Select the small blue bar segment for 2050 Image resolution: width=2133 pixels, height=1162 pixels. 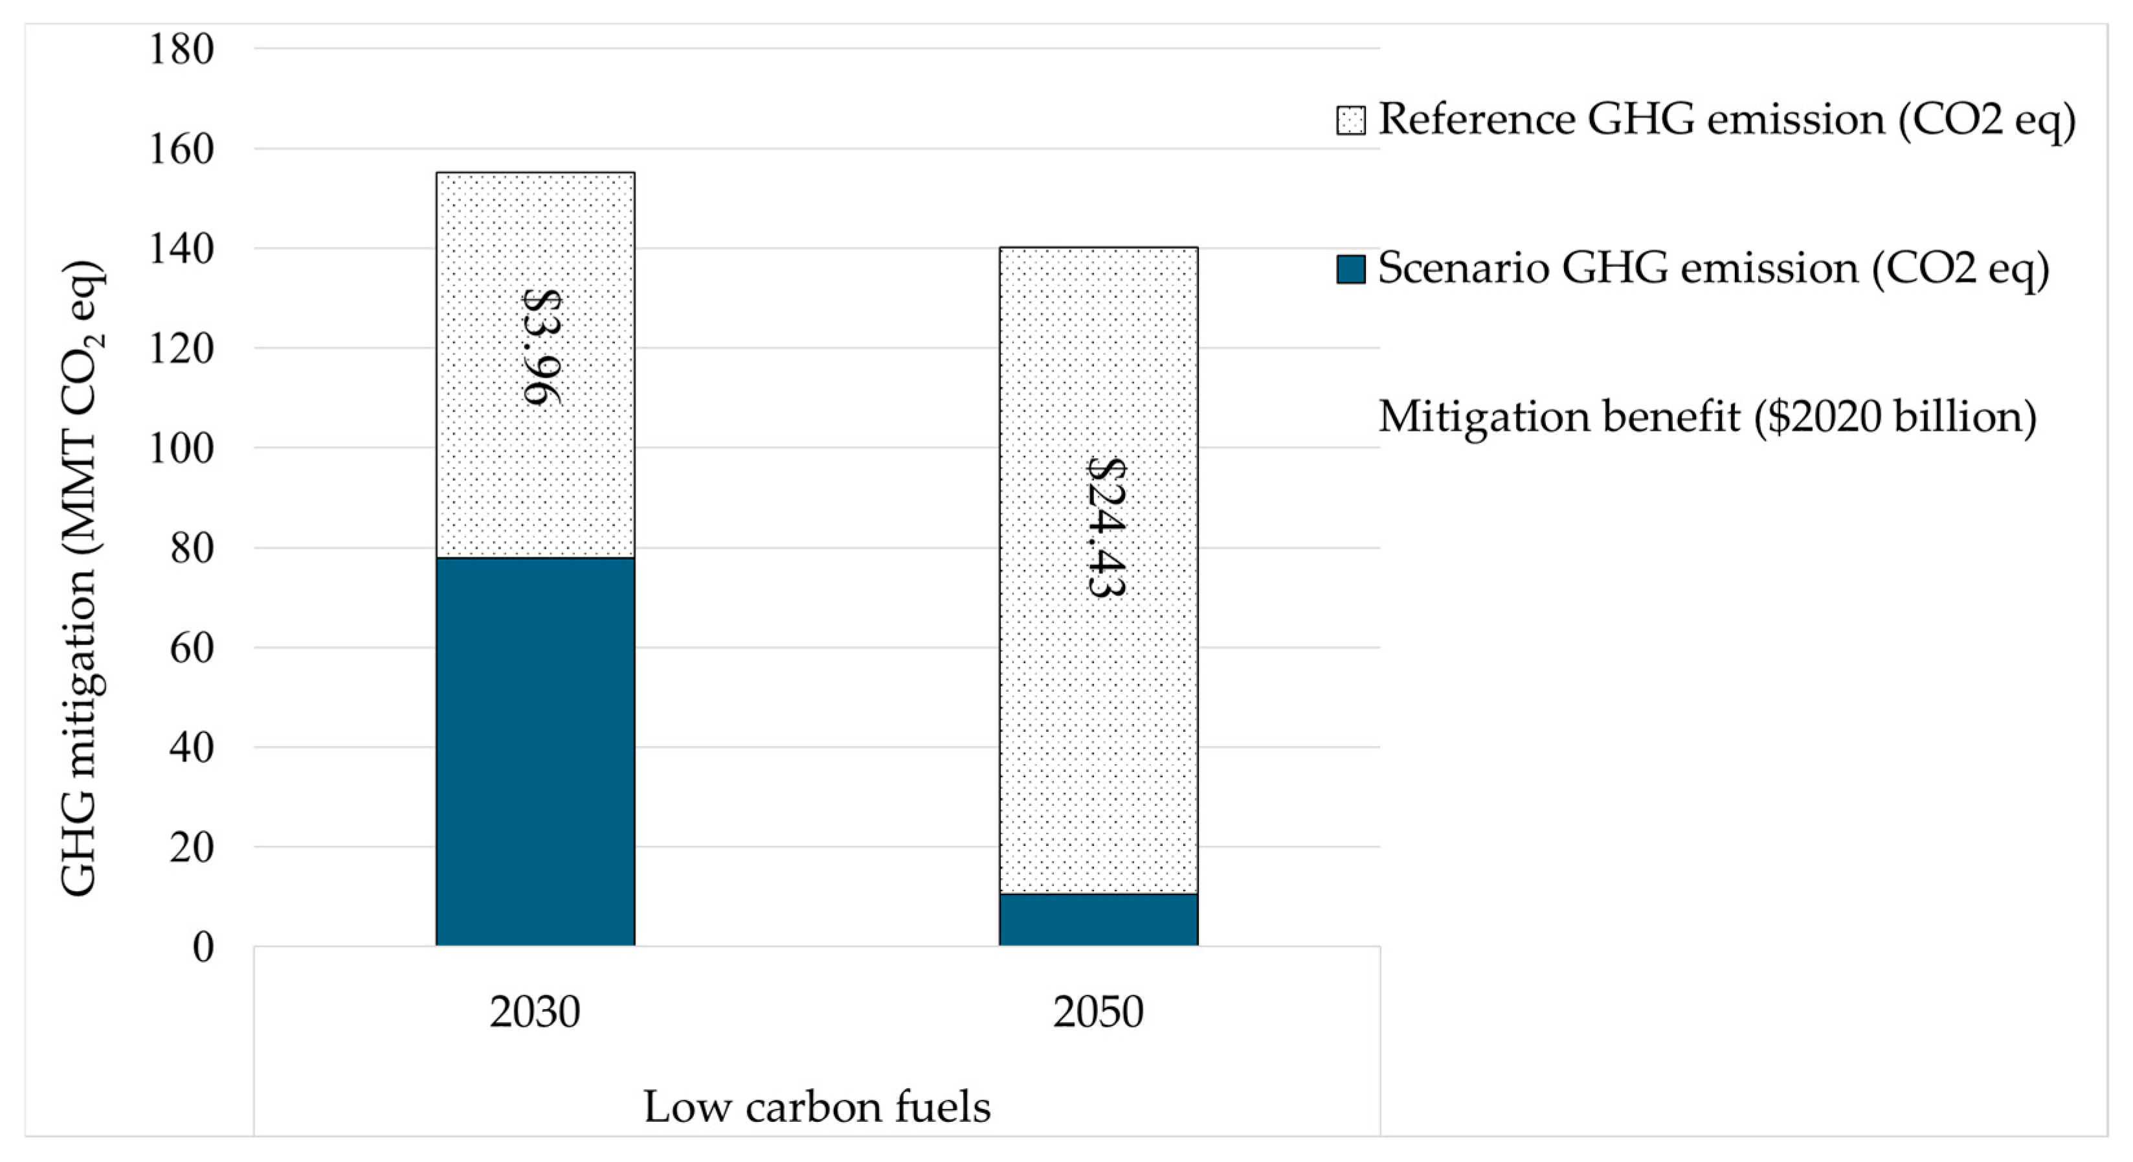point(1098,919)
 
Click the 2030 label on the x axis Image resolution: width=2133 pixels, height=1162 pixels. point(534,1012)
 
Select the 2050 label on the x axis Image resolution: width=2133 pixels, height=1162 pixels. point(1098,1012)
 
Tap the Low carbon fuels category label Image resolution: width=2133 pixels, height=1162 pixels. point(816,1108)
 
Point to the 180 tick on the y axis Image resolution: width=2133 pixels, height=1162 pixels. point(181,50)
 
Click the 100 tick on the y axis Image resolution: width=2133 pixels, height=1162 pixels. point(181,449)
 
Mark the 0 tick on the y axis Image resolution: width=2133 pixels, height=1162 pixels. point(203,948)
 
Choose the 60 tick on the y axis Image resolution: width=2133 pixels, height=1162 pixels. point(191,648)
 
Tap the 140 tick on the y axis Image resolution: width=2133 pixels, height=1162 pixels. point(181,249)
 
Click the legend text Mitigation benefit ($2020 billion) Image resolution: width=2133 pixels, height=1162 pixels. point(1706,416)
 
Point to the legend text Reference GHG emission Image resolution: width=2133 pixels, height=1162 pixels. point(1726,120)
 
